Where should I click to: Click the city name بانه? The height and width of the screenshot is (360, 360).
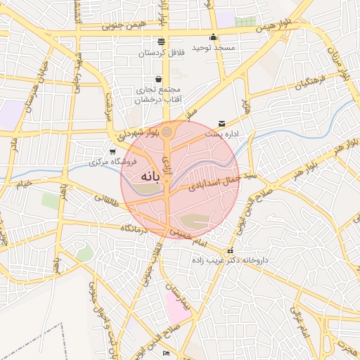coord(151,175)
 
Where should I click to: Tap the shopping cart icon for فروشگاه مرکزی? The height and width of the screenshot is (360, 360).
coord(112,151)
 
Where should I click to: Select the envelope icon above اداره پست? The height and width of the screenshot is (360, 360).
coord(223,123)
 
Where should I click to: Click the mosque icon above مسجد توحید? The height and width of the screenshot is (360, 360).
coord(214,37)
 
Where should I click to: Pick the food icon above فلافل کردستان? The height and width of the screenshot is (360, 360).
coord(162,41)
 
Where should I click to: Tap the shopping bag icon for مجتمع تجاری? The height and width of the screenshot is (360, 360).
coord(158,79)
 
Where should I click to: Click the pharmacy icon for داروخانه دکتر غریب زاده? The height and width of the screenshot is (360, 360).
coord(229,251)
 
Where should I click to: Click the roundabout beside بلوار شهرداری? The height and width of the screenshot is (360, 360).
coord(167,131)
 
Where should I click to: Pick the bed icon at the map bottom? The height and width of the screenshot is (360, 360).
coord(166,352)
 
